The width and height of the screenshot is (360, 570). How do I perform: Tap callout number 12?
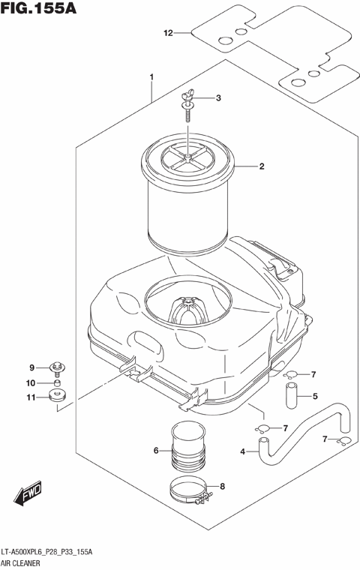169,33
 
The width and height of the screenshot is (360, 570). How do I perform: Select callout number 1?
151,77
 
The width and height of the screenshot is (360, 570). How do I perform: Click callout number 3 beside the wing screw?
218,98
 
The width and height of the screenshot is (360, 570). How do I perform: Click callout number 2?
261,166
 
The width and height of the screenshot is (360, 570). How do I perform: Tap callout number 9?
32,367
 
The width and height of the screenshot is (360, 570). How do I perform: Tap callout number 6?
156,451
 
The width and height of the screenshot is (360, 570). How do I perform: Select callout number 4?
242,451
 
